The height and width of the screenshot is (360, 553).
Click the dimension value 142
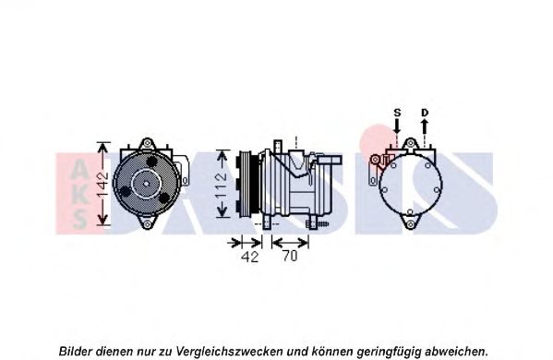click(103, 184)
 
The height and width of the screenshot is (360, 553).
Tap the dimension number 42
click(249, 257)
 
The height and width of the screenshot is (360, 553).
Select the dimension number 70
click(290, 256)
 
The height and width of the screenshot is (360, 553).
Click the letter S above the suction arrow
click(397, 113)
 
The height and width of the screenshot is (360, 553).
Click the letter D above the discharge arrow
click(425, 113)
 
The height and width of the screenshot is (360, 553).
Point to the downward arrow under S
click(397, 126)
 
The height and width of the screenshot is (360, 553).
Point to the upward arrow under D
click(425, 126)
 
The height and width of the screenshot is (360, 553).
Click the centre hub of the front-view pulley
click(146, 184)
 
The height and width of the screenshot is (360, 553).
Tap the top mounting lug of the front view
click(147, 144)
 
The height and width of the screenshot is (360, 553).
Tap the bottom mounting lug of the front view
click(147, 223)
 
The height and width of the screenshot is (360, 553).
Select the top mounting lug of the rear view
click(410, 143)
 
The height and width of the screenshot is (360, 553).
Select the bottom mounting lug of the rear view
click(410, 223)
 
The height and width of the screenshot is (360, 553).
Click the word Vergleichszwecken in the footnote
click(229, 351)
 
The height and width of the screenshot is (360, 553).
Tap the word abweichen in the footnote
click(456, 351)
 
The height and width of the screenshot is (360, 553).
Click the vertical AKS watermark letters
click(79, 194)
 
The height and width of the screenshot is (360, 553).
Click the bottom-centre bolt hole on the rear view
click(410, 212)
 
